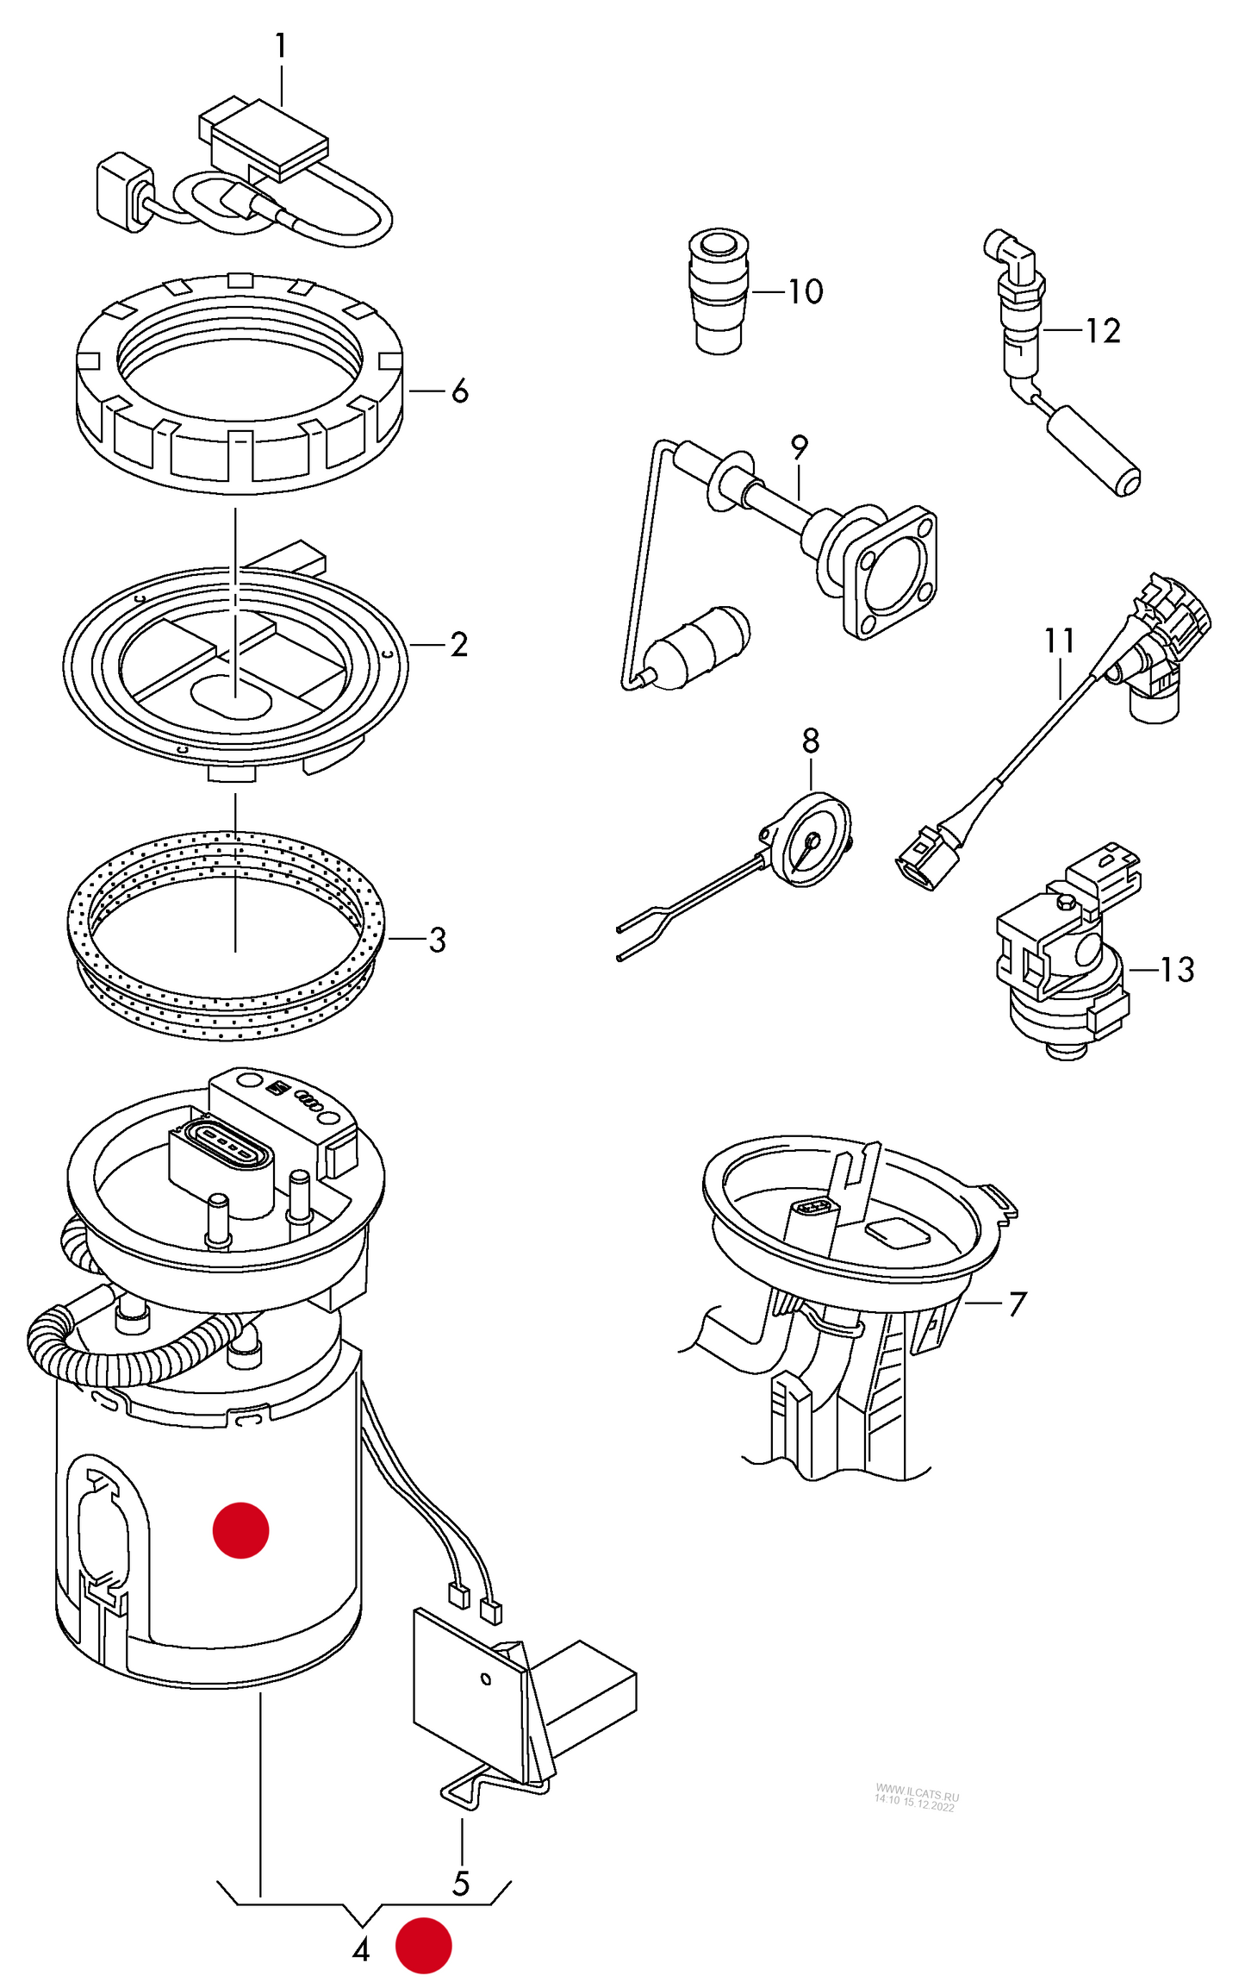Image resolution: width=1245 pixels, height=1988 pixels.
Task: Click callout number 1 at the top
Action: pos(280,46)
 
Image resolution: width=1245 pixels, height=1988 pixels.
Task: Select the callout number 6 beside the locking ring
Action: pos(460,391)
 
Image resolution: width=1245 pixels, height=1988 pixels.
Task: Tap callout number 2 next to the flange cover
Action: pos(458,645)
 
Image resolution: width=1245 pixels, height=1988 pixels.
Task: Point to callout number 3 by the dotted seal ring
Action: pos(437,940)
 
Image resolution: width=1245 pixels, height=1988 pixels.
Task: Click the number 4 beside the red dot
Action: pos(361,1949)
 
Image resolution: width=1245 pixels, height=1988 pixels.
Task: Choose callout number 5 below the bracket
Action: pos(461,1884)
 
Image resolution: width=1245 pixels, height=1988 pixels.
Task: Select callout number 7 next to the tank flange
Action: pos(1018,1303)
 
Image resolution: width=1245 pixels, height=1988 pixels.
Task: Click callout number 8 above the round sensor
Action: pos(810,741)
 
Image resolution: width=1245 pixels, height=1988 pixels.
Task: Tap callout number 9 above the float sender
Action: pos(799,447)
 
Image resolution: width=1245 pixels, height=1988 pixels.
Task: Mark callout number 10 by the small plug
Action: pos(806,291)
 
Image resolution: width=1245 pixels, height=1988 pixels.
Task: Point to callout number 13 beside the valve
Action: pos(1176,970)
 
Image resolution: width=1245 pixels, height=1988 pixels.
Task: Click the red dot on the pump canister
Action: pos(241,1530)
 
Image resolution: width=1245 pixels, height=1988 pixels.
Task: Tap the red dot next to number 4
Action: pos(423,1946)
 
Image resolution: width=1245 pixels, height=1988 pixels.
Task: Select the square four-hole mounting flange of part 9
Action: pos(890,573)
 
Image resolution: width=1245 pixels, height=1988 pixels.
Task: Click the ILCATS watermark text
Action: pos(916,1799)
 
